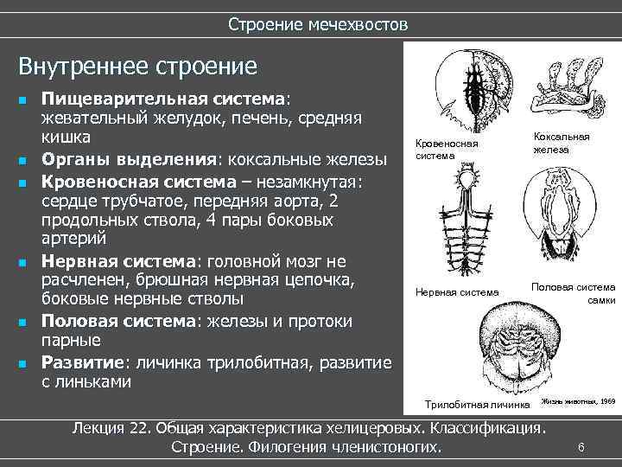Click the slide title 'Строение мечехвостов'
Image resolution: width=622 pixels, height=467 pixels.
point(318,24)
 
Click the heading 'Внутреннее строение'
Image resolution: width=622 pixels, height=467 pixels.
point(138,66)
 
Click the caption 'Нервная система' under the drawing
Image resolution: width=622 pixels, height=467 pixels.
point(457,292)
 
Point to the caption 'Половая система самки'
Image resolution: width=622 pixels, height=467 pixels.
point(574,292)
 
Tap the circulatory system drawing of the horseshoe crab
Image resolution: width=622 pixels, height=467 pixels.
point(466,86)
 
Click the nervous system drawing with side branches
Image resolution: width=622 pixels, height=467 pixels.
point(467,225)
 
